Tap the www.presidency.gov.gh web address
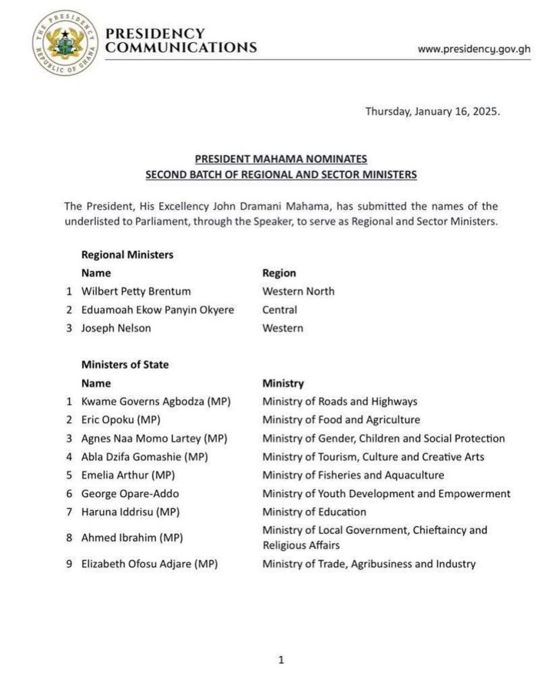point(474,49)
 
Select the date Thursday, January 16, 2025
point(433,111)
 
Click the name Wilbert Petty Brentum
point(136,291)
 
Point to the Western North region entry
point(298,291)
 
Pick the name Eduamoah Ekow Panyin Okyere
point(158,310)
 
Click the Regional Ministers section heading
point(127,255)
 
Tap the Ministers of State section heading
point(125,365)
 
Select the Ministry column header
point(283,383)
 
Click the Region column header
point(279,273)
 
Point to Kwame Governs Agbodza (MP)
point(156,402)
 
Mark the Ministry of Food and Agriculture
point(341,420)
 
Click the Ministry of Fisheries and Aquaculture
point(353,475)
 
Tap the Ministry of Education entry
point(314,513)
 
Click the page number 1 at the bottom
point(280,660)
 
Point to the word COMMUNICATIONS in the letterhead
point(181,48)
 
